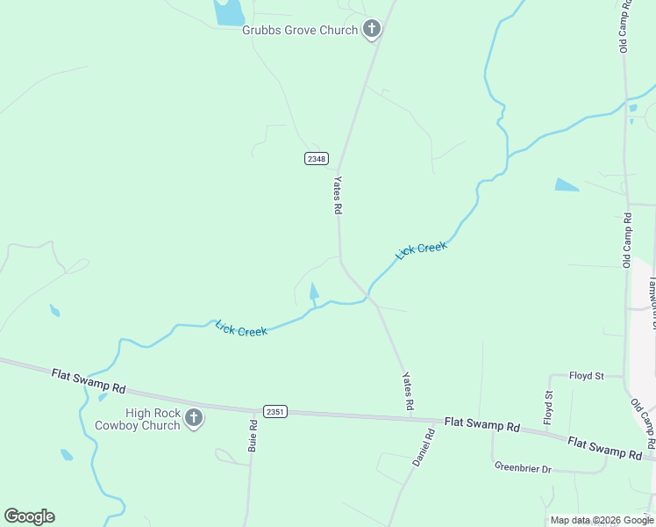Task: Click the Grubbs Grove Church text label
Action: (300, 31)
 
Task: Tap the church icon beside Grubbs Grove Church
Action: (372, 30)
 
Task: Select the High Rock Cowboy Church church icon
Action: (194, 419)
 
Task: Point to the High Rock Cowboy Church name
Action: (153, 419)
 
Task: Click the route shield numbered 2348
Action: (317, 158)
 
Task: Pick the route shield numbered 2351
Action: (275, 411)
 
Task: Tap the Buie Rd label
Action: (253, 436)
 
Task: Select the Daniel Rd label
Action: (424, 447)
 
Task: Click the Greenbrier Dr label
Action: (523, 468)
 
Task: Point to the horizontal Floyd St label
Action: (587, 376)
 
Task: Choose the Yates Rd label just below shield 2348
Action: (337, 195)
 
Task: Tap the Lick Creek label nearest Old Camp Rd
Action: (422, 250)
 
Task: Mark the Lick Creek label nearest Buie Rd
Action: (241, 329)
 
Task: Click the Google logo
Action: (29, 516)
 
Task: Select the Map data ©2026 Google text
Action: (603, 520)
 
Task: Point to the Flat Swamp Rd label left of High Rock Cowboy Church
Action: (89, 381)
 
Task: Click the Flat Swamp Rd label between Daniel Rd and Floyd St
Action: (481, 424)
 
